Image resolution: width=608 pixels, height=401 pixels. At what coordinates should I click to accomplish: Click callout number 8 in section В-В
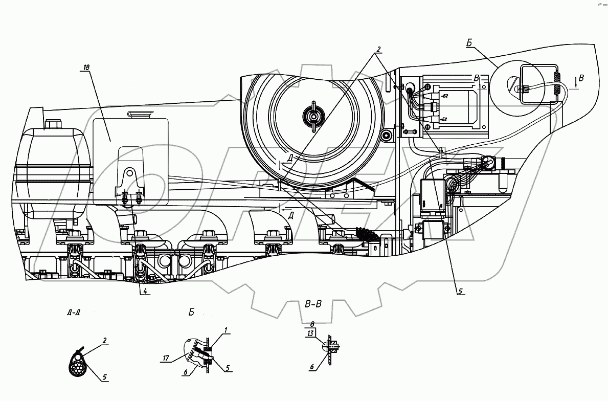(312, 323)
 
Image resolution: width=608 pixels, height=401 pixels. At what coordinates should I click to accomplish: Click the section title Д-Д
(73, 312)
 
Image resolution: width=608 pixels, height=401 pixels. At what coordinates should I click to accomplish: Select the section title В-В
(312, 305)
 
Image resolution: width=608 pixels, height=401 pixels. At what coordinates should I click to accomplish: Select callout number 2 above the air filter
(379, 50)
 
